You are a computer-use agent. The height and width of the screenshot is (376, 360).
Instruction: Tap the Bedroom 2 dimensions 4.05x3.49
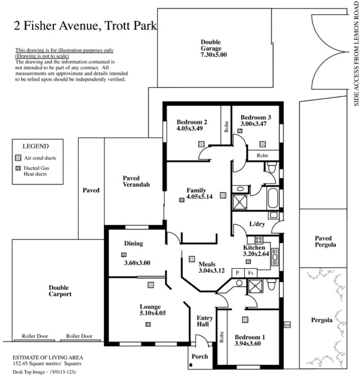pyautogui.click(x=189, y=128)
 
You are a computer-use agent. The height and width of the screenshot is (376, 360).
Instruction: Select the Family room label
pyautogui.click(x=196, y=190)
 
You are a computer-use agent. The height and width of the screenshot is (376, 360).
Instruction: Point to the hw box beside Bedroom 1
pyautogui.click(x=287, y=325)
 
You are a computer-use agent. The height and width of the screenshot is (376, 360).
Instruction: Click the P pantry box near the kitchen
pyautogui.click(x=238, y=273)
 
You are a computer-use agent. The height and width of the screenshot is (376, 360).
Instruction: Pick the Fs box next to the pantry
pyautogui.click(x=251, y=273)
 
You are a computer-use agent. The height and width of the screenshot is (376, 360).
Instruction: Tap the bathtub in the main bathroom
pyautogui.click(x=273, y=198)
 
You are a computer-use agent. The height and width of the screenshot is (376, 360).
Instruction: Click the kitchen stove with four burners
pyautogui.click(x=259, y=240)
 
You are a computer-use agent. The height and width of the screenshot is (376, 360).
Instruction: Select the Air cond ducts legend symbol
pyautogui.click(x=18, y=158)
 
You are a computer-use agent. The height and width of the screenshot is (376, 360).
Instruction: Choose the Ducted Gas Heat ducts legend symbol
pyautogui.click(x=18, y=168)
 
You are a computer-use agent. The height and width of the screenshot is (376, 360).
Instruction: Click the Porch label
pyautogui.click(x=200, y=357)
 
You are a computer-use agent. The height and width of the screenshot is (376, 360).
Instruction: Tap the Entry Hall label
pyautogui.click(x=204, y=321)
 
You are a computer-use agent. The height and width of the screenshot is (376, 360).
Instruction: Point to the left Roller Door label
pyautogui.click(x=35, y=336)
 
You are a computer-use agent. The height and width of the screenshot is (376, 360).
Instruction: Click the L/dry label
pyautogui.click(x=257, y=224)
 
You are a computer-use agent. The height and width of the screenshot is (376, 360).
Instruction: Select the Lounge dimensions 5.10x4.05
pyautogui.click(x=153, y=313)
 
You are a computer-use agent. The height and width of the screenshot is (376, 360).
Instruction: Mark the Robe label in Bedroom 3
pyautogui.click(x=262, y=155)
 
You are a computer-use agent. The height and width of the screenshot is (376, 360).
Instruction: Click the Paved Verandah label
pyautogui.click(x=136, y=181)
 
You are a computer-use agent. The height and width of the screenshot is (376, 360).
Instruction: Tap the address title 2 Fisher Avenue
pyautogui.click(x=56, y=26)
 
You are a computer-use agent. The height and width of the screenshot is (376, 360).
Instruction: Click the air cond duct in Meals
pyautogui.click(x=192, y=259)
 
